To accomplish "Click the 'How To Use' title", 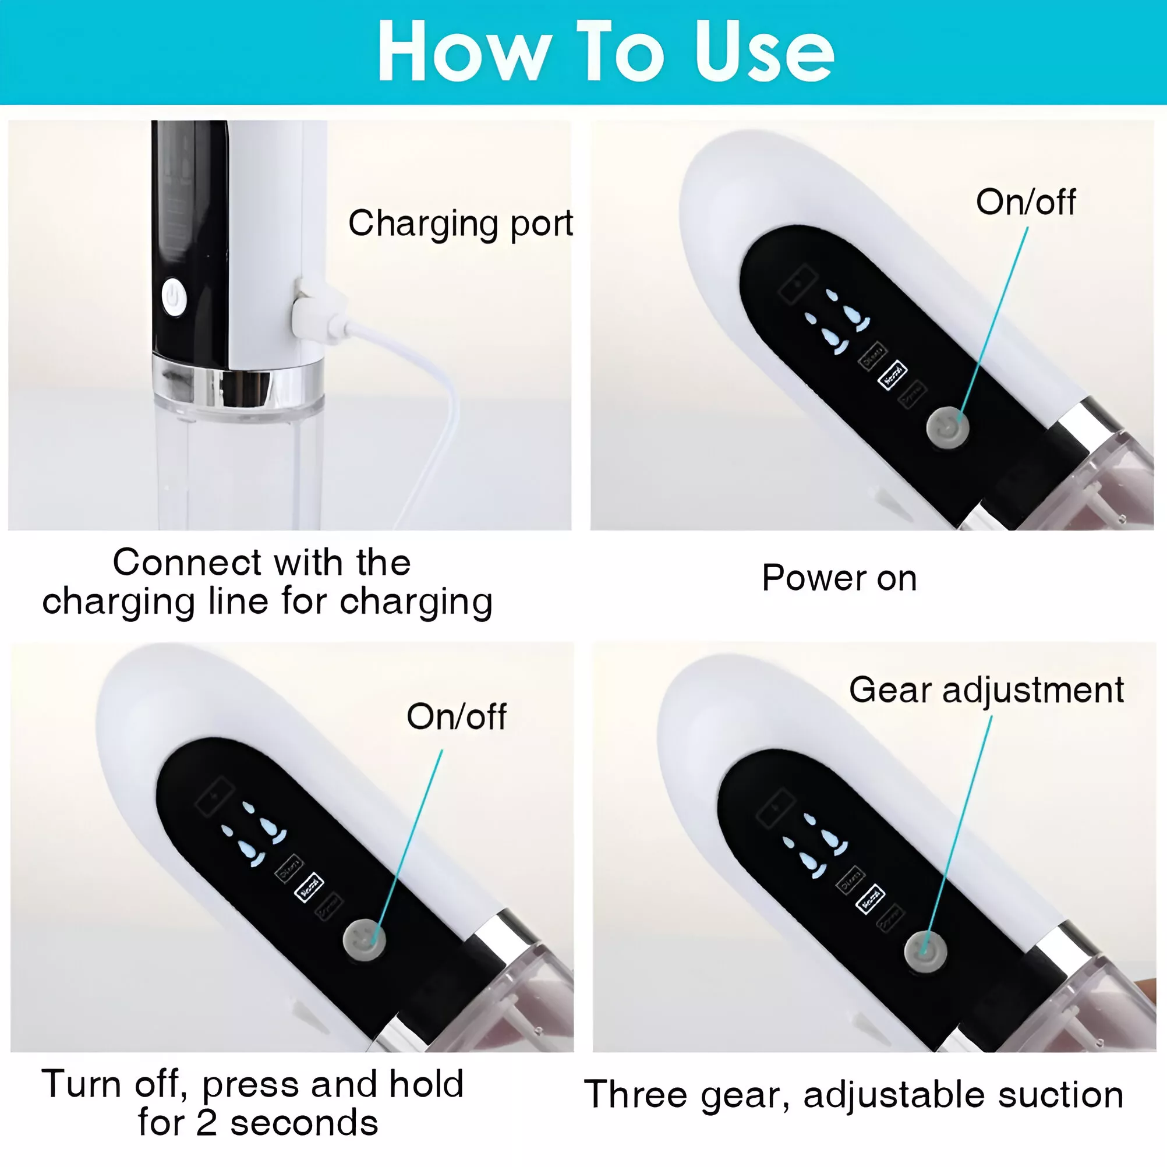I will coord(606,51).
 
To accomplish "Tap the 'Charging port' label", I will coord(460,223).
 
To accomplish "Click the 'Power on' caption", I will coord(839,578).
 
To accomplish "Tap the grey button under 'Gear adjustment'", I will coord(925,952).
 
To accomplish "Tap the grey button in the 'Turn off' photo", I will coord(364,939).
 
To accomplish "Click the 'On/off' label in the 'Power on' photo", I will coord(1025,201).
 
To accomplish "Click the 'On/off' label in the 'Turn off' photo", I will coord(457,716).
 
